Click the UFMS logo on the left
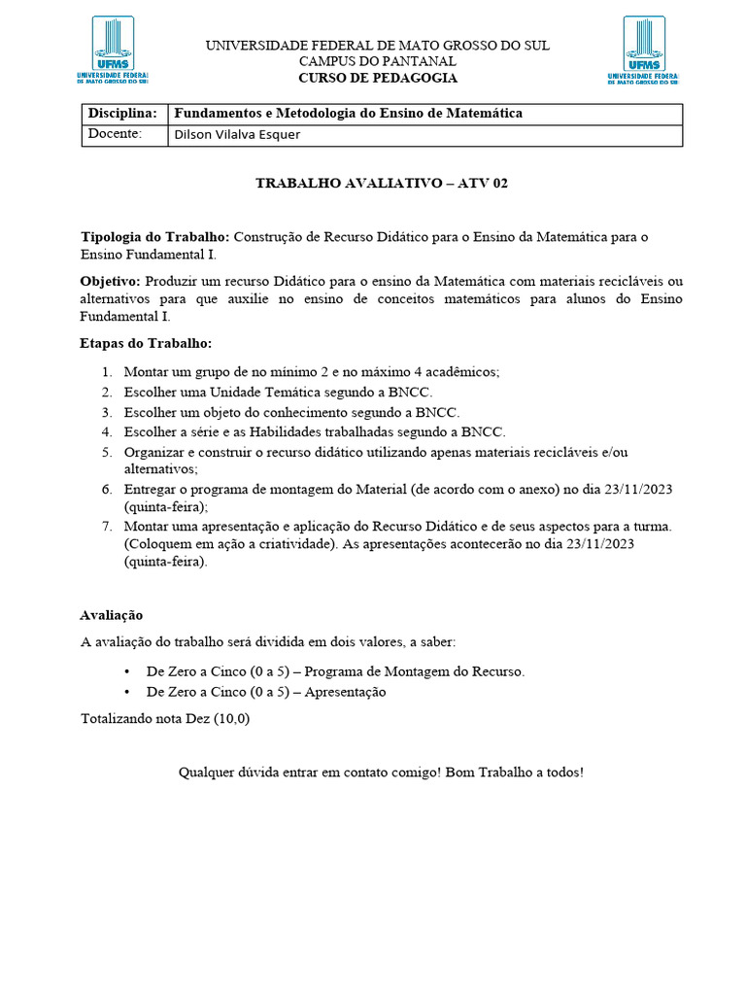pyautogui.click(x=112, y=50)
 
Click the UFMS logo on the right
pyautogui.click(x=643, y=50)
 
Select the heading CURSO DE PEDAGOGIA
pyautogui.click(x=377, y=78)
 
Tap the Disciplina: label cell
pyautogui.click(x=122, y=114)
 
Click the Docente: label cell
pyautogui.click(x=116, y=134)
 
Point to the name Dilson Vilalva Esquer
pyautogui.click(x=236, y=135)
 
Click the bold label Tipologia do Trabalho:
pyautogui.click(x=155, y=237)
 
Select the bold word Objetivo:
pyautogui.click(x=110, y=281)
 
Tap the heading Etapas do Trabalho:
pyautogui.click(x=145, y=344)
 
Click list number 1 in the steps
pyautogui.click(x=106, y=372)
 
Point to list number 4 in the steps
pyautogui.click(x=106, y=432)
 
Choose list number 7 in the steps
pyautogui.click(x=106, y=527)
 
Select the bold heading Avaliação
pyautogui.click(x=112, y=615)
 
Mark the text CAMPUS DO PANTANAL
pyautogui.click(x=377, y=61)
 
